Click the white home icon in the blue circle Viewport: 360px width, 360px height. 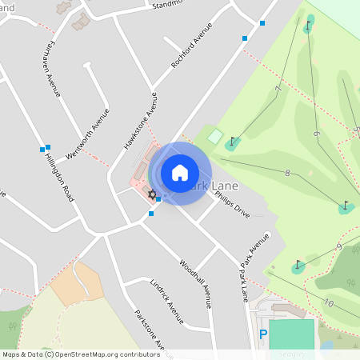(180, 173)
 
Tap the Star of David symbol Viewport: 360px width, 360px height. (150, 194)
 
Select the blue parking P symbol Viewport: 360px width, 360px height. (263, 334)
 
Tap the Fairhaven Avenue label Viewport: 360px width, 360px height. (50, 68)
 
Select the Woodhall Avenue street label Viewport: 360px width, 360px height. (195, 283)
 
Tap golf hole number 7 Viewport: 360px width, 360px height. (278, 89)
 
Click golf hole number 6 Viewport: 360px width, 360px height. (316, 134)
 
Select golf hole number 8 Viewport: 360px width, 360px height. (286, 172)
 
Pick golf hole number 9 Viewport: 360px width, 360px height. (338, 247)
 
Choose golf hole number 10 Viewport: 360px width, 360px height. (329, 302)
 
